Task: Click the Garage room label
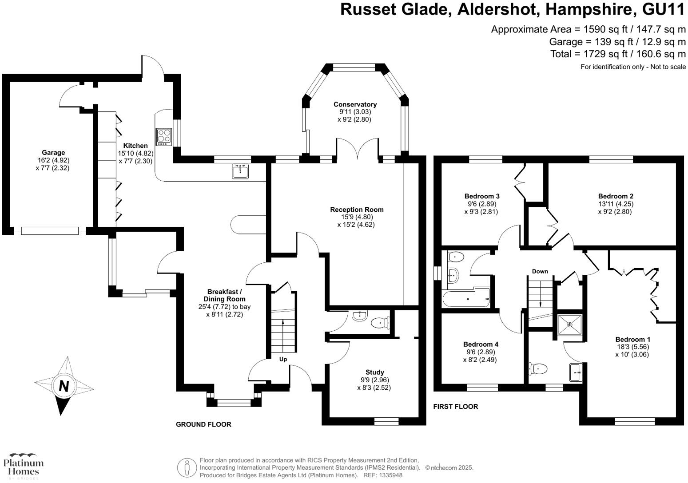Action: point(53,153)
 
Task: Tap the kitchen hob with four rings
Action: point(164,136)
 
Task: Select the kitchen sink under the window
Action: point(241,171)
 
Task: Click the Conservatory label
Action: point(355,104)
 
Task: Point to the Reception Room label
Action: point(357,210)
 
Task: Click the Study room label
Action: point(374,372)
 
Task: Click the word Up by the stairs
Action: point(283,359)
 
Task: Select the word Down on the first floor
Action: point(540,271)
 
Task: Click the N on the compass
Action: point(64,386)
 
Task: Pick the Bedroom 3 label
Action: point(482,196)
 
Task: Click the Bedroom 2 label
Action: point(615,196)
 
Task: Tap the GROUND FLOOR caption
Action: point(203,424)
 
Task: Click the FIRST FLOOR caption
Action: point(455,406)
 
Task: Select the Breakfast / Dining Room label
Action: point(224,295)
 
